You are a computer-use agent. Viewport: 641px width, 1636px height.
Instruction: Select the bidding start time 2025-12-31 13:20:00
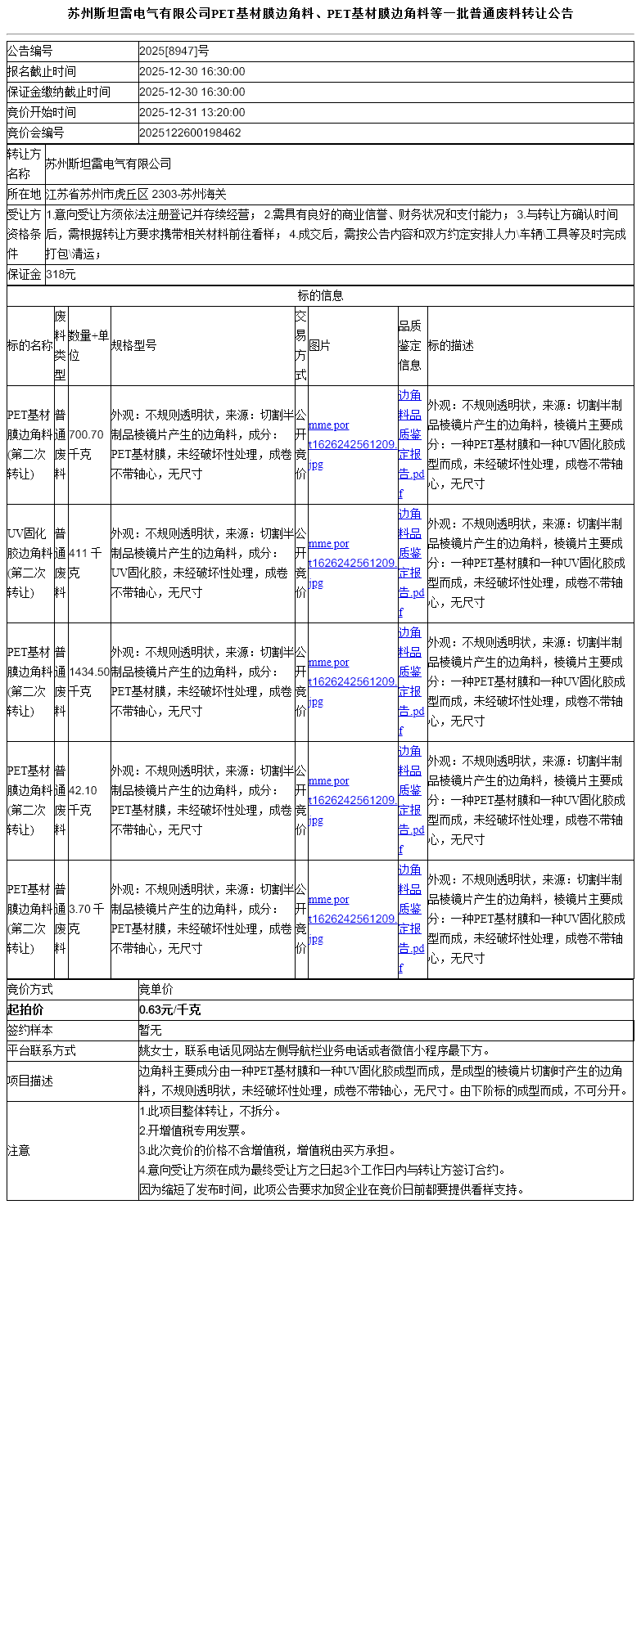point(192,113)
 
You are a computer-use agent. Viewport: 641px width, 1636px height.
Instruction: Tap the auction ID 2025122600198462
point(190,133)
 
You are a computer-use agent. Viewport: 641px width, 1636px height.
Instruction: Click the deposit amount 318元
point(61,275)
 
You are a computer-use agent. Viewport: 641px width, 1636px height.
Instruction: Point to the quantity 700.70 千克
point(87,445)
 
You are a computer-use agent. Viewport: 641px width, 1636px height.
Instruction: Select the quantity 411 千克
point(85,563)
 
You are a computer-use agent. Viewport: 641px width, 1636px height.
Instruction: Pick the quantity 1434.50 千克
point(89,681)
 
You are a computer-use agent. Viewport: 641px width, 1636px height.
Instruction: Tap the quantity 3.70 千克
point(85,919)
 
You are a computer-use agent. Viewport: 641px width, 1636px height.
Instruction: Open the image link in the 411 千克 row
point(352,563)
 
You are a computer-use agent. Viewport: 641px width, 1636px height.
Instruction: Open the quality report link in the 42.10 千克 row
point(411,800)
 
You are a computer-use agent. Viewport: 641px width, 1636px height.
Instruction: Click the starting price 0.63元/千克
point(170,1010)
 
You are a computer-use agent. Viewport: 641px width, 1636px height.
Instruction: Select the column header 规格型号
point(134,345)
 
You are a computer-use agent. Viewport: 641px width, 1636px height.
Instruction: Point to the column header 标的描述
point(451,345)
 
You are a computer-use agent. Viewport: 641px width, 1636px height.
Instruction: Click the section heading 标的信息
point(320,295)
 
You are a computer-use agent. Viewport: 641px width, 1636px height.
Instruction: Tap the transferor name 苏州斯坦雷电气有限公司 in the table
point(108,164)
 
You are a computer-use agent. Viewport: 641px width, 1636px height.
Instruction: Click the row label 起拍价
point(25,1010)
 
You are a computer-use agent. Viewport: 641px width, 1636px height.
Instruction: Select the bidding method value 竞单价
point(156,990)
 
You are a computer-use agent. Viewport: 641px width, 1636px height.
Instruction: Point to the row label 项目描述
point(30,1081)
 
